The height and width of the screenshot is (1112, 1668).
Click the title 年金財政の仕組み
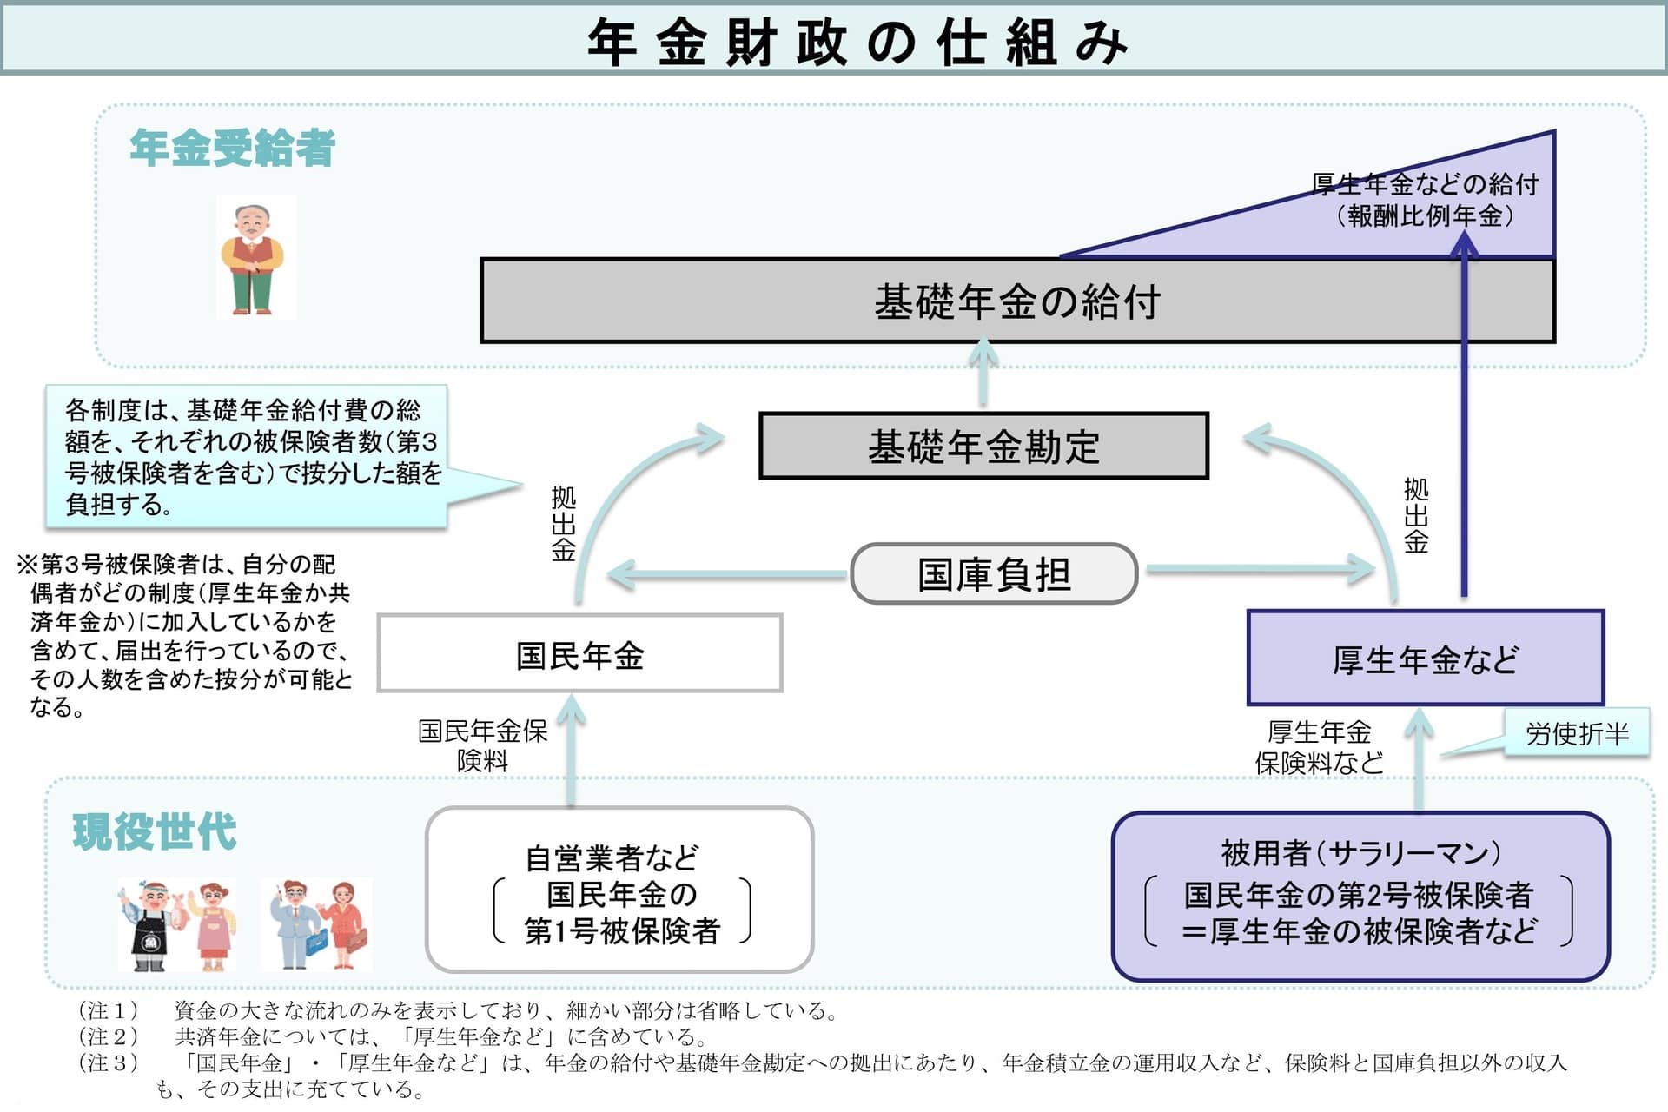coord(857,41)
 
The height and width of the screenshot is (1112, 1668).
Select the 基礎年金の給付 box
coord(1016,301)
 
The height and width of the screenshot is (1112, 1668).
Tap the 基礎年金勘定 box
coord(983,446)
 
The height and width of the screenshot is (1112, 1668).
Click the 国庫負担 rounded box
coord(994,573)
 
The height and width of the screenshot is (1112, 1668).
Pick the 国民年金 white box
coord(579,654)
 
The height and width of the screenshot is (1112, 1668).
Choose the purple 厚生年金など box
coord(1425,659)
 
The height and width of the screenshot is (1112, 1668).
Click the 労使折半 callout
coord(1576,733)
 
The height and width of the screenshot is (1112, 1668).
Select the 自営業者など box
coord(619,890)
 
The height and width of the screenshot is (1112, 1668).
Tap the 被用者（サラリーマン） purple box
coord(1360,896)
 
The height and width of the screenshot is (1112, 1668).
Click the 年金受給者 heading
coord(232,148)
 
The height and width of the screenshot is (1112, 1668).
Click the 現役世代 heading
coord(154,831)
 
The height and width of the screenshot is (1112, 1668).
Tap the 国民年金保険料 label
coord(482,745)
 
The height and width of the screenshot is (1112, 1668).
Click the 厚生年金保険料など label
coord(1319,747)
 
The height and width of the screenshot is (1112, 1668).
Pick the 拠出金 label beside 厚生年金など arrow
coord(1415,516)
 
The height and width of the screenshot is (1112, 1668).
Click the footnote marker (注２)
coord(109,1036)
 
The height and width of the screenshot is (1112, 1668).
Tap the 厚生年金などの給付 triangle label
coord(1425,200)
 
